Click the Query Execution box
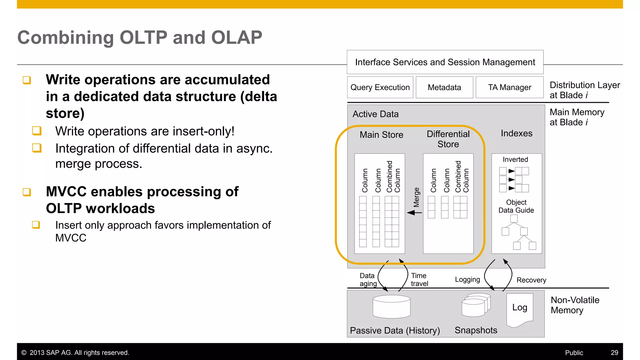[380, 87]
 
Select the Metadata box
[444, 87]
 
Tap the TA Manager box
[509, 87]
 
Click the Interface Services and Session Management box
[445, 62]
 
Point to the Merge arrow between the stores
[414, 212]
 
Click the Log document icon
[520, 309]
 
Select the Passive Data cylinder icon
[391, 307]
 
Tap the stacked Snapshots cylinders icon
[476, 305]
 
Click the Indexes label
[516, 133]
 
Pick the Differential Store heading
[448, 139]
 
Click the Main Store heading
[381, 135]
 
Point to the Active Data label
[375, 114]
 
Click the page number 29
[614, 352]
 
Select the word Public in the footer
[574, 352]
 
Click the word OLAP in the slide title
[237, 37]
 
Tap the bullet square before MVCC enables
[27, 192]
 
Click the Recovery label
[531, 280]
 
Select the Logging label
[467, 279]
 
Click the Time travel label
[419, 280]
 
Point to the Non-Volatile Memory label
[575, 305]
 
